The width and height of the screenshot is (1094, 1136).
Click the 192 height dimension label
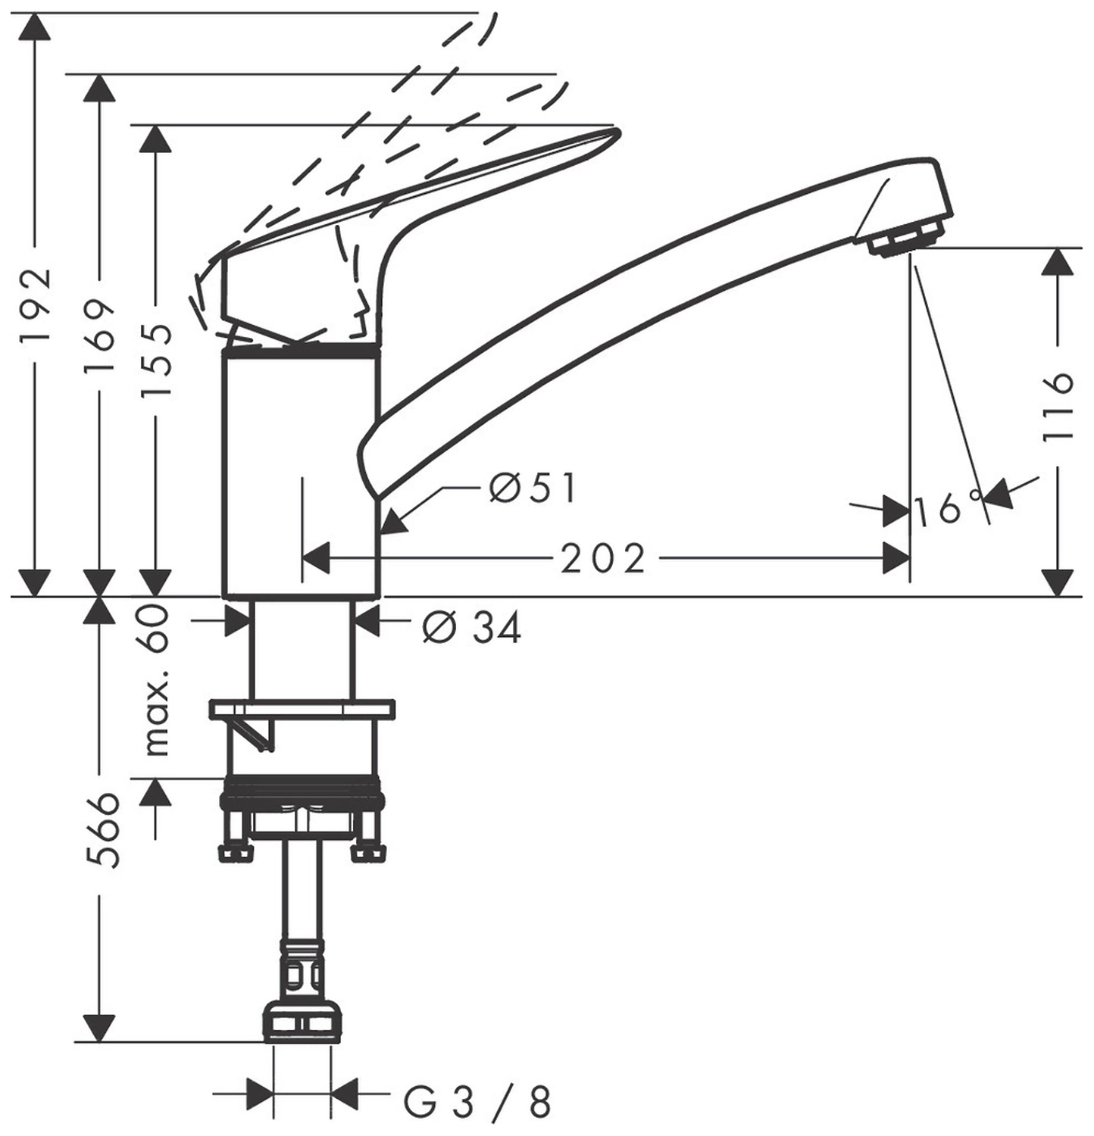[x=36, y=304]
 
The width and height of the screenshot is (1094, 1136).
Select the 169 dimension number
[x=100, y=335]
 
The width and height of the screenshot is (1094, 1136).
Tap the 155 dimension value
[x=157, y=361]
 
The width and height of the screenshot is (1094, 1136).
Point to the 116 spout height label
[x=1058, y=407]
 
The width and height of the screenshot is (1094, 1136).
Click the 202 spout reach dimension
[x=602, y=559]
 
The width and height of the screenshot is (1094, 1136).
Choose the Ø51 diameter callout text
[x=533, y=488]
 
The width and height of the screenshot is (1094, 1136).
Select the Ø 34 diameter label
[x=472, y=627]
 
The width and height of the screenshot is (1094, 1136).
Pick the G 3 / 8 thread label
[x=477, y=1102]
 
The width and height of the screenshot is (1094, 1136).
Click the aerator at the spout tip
[x=906, y=242]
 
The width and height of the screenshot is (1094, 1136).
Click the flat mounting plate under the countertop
[x=302, y=709]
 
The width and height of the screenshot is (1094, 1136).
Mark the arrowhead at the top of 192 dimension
[x=36, y=28]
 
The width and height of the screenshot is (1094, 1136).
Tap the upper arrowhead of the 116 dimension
[x=1058, y=262]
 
